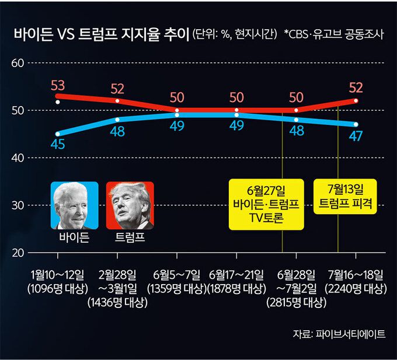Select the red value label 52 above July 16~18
tap(356, 88)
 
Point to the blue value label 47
tap(356, 137)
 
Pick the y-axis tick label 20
tap(18, 253)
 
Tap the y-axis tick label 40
tap(18, 158)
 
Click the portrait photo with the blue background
tap(74, 205)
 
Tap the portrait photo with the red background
tap(130, 205)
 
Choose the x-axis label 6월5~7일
tap(176, 275)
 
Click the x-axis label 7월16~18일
tap(356, 275)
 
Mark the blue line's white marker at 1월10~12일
tap(57, 134)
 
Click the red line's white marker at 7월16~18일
tap(356, 100)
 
